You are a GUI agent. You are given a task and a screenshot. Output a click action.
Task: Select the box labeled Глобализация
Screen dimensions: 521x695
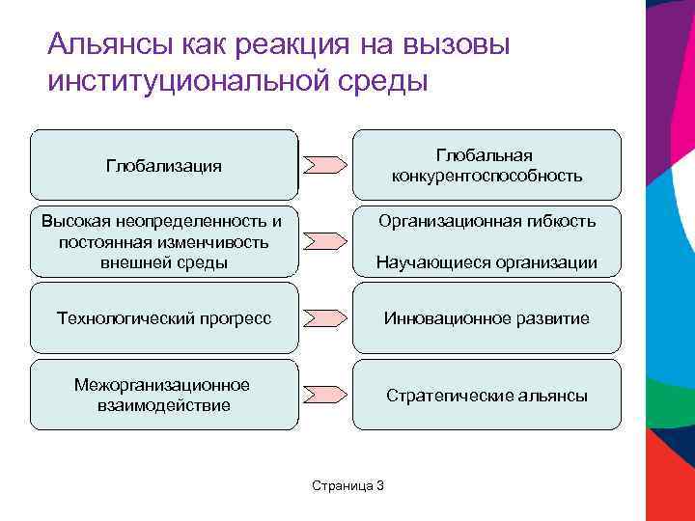tap(163, 165)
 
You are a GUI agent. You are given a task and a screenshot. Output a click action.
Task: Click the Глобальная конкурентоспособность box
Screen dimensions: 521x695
tap(486, 165)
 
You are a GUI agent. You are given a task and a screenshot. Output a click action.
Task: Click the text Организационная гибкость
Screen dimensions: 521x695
tap(486, 221)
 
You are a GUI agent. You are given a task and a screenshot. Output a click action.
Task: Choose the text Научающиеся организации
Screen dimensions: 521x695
tap(486, 262)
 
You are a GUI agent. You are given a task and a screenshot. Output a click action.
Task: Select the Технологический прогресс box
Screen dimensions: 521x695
tap(163, 317)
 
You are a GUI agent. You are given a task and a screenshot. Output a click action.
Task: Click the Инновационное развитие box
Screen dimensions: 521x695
tap(486, 317)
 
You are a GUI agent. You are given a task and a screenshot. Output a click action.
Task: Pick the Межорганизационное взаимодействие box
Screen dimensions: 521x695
tap(163, 395)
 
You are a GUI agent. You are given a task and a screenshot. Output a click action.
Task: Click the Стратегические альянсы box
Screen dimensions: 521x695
tap(486, 395)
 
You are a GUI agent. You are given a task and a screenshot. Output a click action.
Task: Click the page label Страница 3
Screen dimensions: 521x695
tap(347, 484)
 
